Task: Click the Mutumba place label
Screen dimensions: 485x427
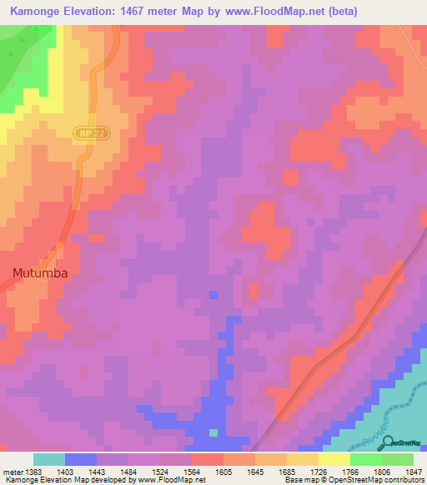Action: click(x=39, y=272)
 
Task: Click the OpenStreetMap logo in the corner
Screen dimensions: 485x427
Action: click(x=403, y=443)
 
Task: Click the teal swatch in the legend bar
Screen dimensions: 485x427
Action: click(x=49, y=459)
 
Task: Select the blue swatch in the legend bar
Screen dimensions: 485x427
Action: click(x=81, y=459)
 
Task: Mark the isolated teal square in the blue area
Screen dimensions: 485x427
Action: click(x=213, y=432)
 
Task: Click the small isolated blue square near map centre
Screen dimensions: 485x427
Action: click(x=213, y=294)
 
